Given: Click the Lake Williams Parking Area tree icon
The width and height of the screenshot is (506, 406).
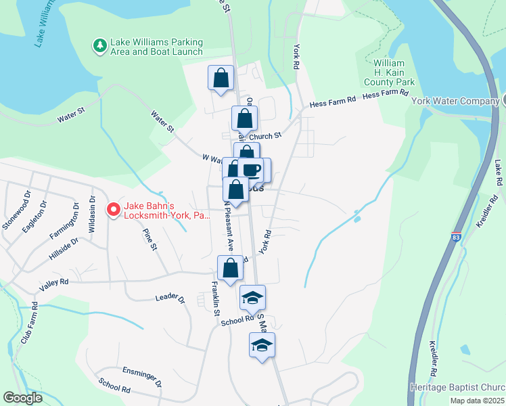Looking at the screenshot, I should pos(100,45).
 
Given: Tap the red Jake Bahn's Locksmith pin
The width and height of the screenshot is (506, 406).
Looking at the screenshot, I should pos(114,210).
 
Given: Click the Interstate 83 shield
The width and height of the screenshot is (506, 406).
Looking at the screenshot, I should pos(455,238).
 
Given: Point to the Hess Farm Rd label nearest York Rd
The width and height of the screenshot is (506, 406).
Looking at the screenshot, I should pos(333,103).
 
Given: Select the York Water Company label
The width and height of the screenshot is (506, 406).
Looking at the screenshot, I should pos(455,101).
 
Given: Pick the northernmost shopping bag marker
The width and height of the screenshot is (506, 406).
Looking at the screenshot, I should pos(221,78).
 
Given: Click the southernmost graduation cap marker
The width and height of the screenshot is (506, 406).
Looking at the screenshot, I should pos(262,345).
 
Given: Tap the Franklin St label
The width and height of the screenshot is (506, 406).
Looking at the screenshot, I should pos(215,298).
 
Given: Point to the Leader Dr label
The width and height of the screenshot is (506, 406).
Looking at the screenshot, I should pos(170,297).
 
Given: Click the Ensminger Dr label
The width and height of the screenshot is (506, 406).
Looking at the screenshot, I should pos(142,375).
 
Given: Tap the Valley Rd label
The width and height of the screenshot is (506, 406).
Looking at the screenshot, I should pos(54,285).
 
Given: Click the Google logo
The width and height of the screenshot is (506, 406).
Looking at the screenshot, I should pos(22,398).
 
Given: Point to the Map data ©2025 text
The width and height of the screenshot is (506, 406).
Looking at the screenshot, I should pos(476,401).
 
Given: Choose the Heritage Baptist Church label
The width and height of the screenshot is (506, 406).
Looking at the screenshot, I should pos(457,388).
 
